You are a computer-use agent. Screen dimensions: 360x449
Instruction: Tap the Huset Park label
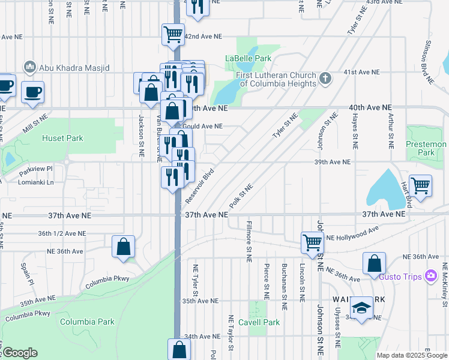pyautogui.click(x=62, y=138)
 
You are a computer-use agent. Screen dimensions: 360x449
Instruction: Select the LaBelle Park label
pyautogui.click(x=248, y=58)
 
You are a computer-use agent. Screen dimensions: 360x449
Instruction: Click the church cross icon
pyautogui.click(x=325, y=78)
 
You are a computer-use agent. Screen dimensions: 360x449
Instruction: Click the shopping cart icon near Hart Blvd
pyautogui.click(x=421, y=185)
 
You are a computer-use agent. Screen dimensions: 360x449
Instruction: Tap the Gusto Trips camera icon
pyautogui.click(x=430, y=275)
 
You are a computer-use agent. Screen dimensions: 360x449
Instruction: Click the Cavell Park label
pyautogui.click(x=262, y=322)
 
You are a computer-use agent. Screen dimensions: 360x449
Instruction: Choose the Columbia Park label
pyautogui.click(x=87, y=322)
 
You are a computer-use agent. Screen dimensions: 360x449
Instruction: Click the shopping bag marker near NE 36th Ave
pyautogui.click(x=123, y=247)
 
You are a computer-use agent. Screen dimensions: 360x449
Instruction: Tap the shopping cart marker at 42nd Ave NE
pyautogui.click(x=173, y=34)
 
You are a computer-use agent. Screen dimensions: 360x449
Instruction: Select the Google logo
pyautogui.click(x=20, y=353)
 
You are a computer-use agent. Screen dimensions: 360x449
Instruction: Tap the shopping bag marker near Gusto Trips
pyautogui.click(x=374, y=263)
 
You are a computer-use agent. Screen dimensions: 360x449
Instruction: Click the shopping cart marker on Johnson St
pyautogui.click(x=312, y=242)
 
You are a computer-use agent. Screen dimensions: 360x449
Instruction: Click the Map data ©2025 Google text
pyautogui.click(x=411, y=355)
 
